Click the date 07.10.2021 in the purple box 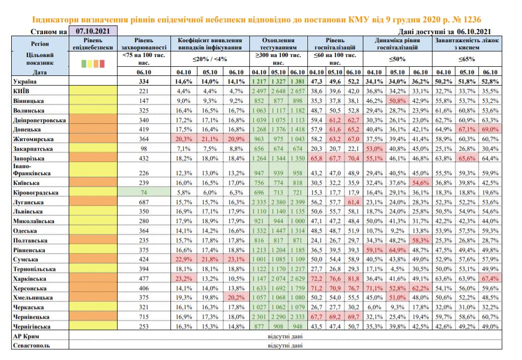click(x=93, y=32)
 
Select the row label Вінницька click(x=28, y=101)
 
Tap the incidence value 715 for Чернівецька click(x=144, y=317)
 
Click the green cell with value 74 click(x=144, y=192)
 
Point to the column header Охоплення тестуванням click(x=278, y=44)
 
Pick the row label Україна click(x=25, y=81)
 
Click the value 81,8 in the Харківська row click(x=354, y=279)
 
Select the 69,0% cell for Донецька click(x=490, y=129)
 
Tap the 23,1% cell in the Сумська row click(x=236, y=259)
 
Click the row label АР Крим click(x=26, y=336)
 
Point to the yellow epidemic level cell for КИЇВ click(x=93, y=91)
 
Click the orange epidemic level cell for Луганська click(x=93, y=202)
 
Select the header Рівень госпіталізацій click(x=335, y=44)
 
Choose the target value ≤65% click(x=467, y=59)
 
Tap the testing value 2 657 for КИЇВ click(x=298, y=91)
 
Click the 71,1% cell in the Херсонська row click(x=374, y=288)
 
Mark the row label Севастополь click(x=32, y=345)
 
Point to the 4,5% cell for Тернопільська click(x=397, y=269)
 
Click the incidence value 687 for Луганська click(x=144, y=202)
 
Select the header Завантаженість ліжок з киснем click(x=467, y=44)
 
